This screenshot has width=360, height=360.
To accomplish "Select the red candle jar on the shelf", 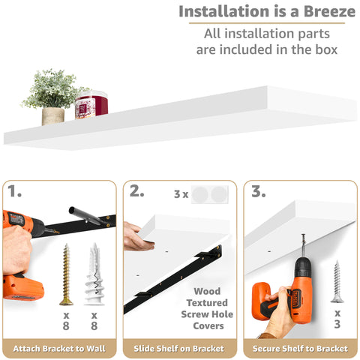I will click(91, 105).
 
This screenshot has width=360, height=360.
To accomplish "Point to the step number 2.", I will click(136, 192).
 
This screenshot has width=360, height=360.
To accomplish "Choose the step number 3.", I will click(258, 192).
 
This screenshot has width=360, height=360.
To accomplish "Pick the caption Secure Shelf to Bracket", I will click(300, 348).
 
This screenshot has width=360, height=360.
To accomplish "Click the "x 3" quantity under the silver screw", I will click(337, 318).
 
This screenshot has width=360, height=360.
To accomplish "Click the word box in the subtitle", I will click(321, 49).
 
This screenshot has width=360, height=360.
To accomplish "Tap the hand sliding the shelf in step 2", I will click(137, 236).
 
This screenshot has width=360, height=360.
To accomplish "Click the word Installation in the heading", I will click(223, 12).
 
